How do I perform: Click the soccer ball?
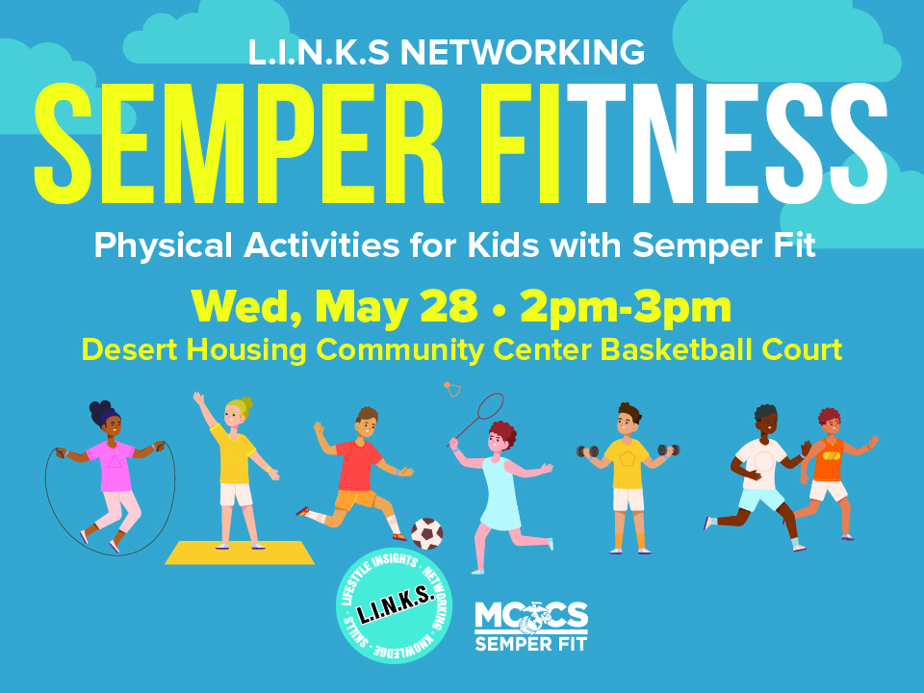coord(426,534)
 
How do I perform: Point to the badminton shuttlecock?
coord(452,389)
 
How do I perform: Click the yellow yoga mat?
coord(240,552)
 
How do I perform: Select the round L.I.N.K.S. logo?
coord(395,605)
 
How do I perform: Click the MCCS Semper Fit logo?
coord(531,627)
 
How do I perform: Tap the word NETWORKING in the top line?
coord(522,52)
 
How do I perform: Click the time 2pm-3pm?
coord(626,308)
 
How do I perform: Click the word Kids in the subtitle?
coord(502,244)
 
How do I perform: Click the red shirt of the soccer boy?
coord(358,466)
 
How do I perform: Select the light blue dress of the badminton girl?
coord(500,494)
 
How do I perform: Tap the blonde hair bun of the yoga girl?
coord(246,403)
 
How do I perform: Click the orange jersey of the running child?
coord(829,460)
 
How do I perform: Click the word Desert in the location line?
coord(129,349)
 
